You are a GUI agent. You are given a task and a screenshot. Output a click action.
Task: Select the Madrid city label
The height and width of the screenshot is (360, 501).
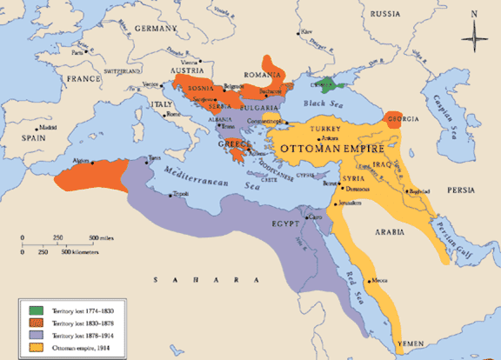pos(47,127)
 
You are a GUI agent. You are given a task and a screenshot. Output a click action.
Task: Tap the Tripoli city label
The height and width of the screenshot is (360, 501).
pos(180,196)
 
